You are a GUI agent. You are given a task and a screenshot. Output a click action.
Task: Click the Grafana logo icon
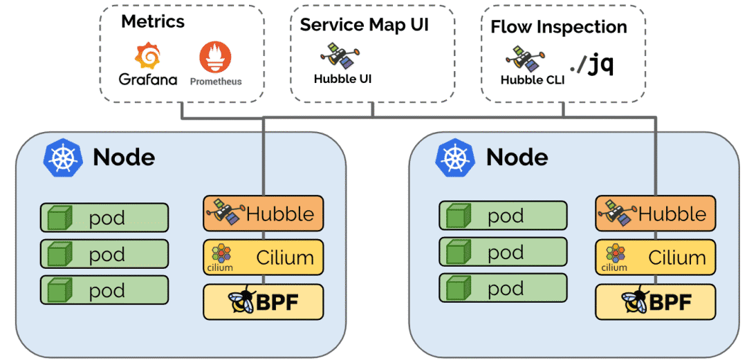coord(148,55)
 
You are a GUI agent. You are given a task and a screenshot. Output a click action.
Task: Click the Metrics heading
coord(153,21)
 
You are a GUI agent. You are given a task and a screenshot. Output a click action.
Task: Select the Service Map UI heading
coord(365,25)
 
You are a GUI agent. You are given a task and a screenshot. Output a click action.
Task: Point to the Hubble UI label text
coord(342,79)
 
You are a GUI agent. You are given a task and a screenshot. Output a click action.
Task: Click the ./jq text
coord(591,64)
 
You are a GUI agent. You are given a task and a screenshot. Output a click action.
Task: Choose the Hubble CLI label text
coord(533,79)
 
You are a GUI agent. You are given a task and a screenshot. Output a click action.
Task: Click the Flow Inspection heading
coord(559,27)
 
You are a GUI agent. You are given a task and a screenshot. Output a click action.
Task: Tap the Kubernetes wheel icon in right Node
coord(454,158)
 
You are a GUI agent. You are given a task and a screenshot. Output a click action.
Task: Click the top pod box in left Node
coord(104,218)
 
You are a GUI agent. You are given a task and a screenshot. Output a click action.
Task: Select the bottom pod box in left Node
coord(104,290)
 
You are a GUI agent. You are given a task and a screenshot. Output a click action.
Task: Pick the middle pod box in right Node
coord(503,252)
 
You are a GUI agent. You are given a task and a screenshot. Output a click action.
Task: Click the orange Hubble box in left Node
coord(263,214)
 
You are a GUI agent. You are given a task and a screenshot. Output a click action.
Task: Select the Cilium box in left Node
coord(263,258)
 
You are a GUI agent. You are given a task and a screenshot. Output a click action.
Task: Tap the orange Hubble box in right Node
coord(655,214)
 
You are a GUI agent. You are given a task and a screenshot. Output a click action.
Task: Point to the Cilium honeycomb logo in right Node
coord(614,253)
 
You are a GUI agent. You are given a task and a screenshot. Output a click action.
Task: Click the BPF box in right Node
coord(655,302)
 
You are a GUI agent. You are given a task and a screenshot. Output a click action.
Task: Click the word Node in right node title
coord(517,158)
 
